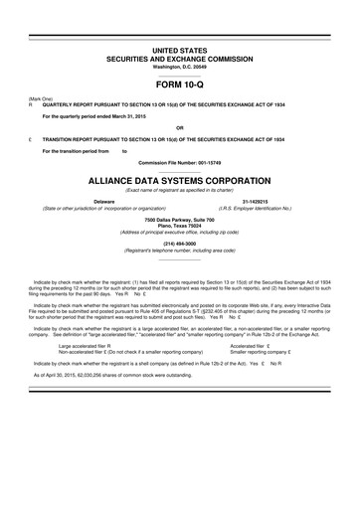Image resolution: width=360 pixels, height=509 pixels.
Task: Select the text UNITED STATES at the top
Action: coord(180,49)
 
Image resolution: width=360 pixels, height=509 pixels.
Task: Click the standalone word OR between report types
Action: coord(180,126)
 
